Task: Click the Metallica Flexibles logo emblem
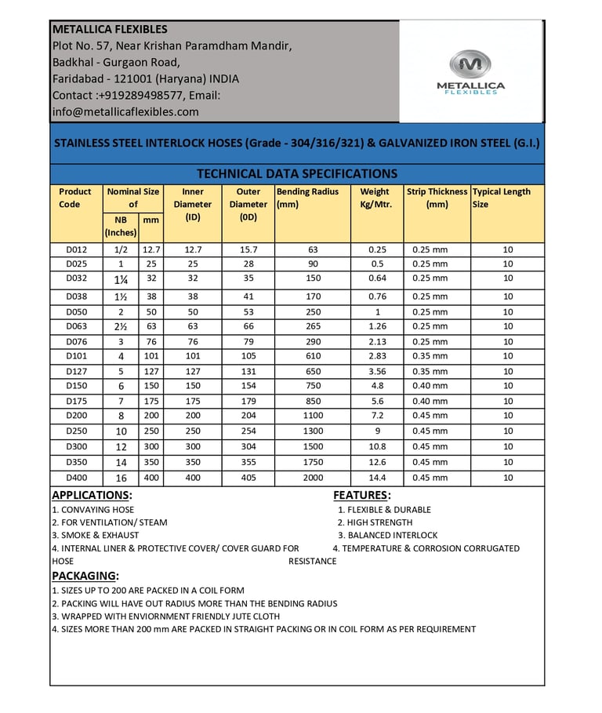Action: coord(470,64)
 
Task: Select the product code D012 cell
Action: coord(76,249)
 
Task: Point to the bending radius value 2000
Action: coord(313,478)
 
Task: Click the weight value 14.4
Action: coord(377,478)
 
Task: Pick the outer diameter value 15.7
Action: coord(248,249)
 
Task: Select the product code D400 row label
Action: coord(76,478)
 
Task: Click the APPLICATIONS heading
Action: coord(91,496)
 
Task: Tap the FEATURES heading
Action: coord(361,496)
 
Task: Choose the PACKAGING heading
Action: coord(85,577)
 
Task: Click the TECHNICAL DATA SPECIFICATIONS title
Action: coord(297,174)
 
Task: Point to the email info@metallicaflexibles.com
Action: coord(125,112)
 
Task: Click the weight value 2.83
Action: coord(377,356)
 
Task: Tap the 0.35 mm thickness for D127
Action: coord(430,372)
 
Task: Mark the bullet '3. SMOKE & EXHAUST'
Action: coord(84,536)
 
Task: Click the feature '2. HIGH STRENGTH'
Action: coord(375,522)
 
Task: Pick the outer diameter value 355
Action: coord(248,463)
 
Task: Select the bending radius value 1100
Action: coord(313,416)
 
